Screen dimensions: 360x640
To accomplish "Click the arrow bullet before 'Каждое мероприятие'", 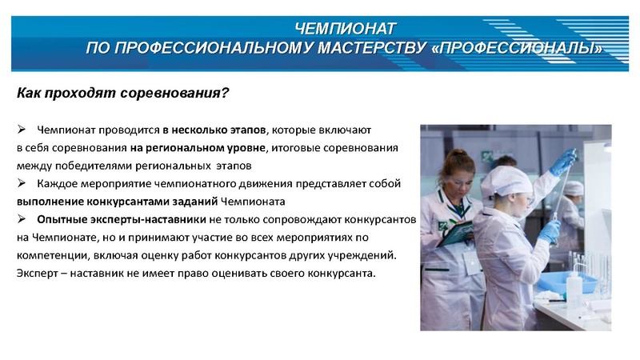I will click(22, 184).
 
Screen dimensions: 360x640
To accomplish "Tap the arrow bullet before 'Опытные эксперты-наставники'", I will click(22, 219).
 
